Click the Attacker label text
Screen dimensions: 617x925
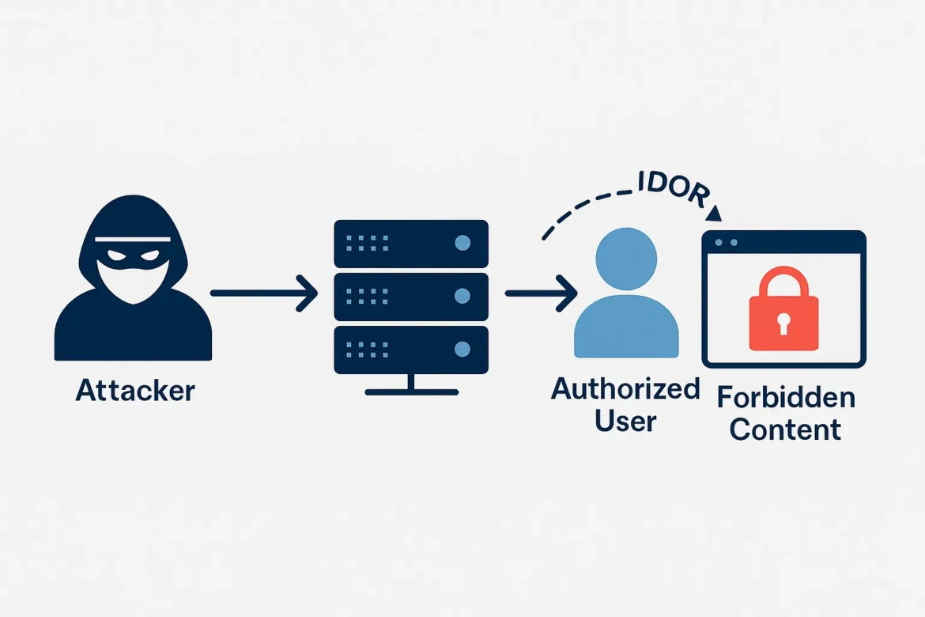pyautogui.click(x=134, y=391)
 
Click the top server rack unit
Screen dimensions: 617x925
pyautogui.click(x=411, y=244)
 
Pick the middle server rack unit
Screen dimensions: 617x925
pyautogui.click(x=411, y=297)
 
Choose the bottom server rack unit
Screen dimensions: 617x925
pyautogui.click(x=411, y=349)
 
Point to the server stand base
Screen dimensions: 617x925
pyautogui.click(x=411, y=391)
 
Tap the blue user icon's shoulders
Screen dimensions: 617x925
pyautogui.click(x=626, y=328)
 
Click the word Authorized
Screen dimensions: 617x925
pyautogui.click(x=625, y=389)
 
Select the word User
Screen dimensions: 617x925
pyautogui.click(x=625, y=420)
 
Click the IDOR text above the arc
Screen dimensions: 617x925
pyautogui.click(x=673, y=188)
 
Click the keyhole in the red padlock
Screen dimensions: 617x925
pyautogui.click(x=783, y=323)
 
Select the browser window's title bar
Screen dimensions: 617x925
pyautogui.click(x=783, y=242)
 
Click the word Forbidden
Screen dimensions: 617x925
pyautogui.click(x=785, y=398)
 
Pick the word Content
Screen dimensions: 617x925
pyautogui.click(x=785, y=430)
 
